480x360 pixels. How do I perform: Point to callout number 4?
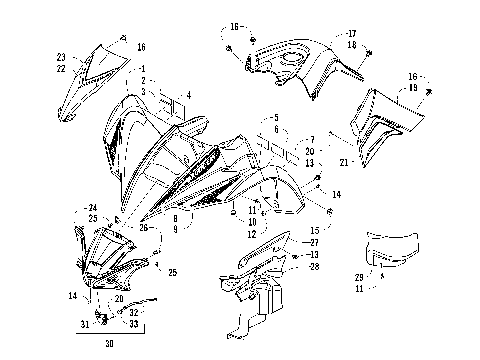187,95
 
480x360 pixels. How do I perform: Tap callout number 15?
314,230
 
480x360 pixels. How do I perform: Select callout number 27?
314,242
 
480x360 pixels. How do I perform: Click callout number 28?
314,266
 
